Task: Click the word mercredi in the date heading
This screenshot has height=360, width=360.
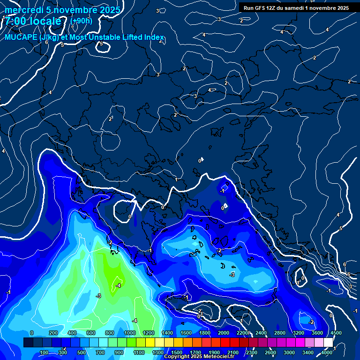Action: pos(23,10)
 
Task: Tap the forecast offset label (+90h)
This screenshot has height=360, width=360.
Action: pos(81,21)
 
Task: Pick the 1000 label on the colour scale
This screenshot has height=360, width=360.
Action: pos(130,333)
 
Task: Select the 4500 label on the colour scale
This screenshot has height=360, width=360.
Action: pos(336,333)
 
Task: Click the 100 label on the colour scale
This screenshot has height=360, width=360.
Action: pos(45,352)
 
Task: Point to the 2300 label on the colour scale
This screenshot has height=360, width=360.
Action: pos(251,352)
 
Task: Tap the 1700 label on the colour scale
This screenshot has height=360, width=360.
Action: pos(195,352)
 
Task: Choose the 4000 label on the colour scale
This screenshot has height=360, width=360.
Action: pos(327,352)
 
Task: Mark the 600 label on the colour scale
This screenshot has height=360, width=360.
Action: pos(91,333)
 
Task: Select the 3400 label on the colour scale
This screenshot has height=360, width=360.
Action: pos(307,352)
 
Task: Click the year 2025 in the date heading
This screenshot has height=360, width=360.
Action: pos(110,10)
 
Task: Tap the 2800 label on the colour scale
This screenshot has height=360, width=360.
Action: pos(279,333)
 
